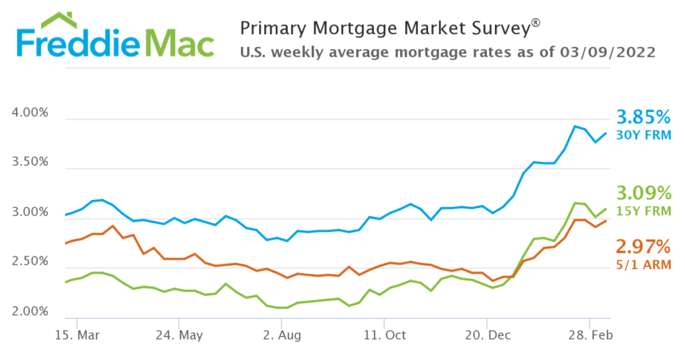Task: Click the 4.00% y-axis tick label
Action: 30,113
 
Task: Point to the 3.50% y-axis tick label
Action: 30,163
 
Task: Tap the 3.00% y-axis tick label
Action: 30,213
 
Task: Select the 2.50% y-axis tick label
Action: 30,262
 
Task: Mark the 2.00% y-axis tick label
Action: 30,312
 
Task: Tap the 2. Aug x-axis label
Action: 282,334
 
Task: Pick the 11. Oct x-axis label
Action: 385,334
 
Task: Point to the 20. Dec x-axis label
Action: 487,334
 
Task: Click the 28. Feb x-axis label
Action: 589,334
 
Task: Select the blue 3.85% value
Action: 643,118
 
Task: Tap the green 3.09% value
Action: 643,194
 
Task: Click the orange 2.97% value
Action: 643,246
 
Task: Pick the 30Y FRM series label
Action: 643,135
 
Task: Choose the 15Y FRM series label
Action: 643,211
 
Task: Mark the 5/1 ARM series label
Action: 643,264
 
